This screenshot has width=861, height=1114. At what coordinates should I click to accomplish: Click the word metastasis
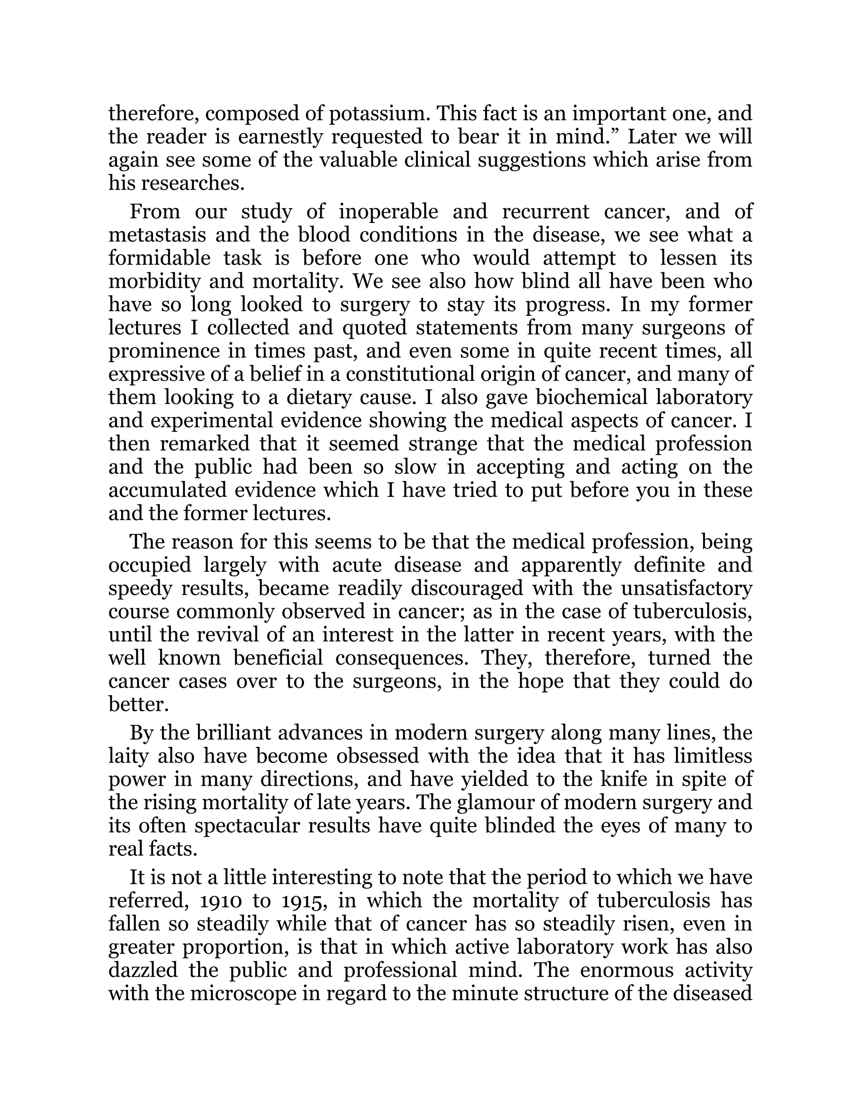click(x=156, y=235)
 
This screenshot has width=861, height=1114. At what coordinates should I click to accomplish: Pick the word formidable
click(x=159, y=258)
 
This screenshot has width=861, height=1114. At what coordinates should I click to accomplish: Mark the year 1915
click(x=304, y=901)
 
